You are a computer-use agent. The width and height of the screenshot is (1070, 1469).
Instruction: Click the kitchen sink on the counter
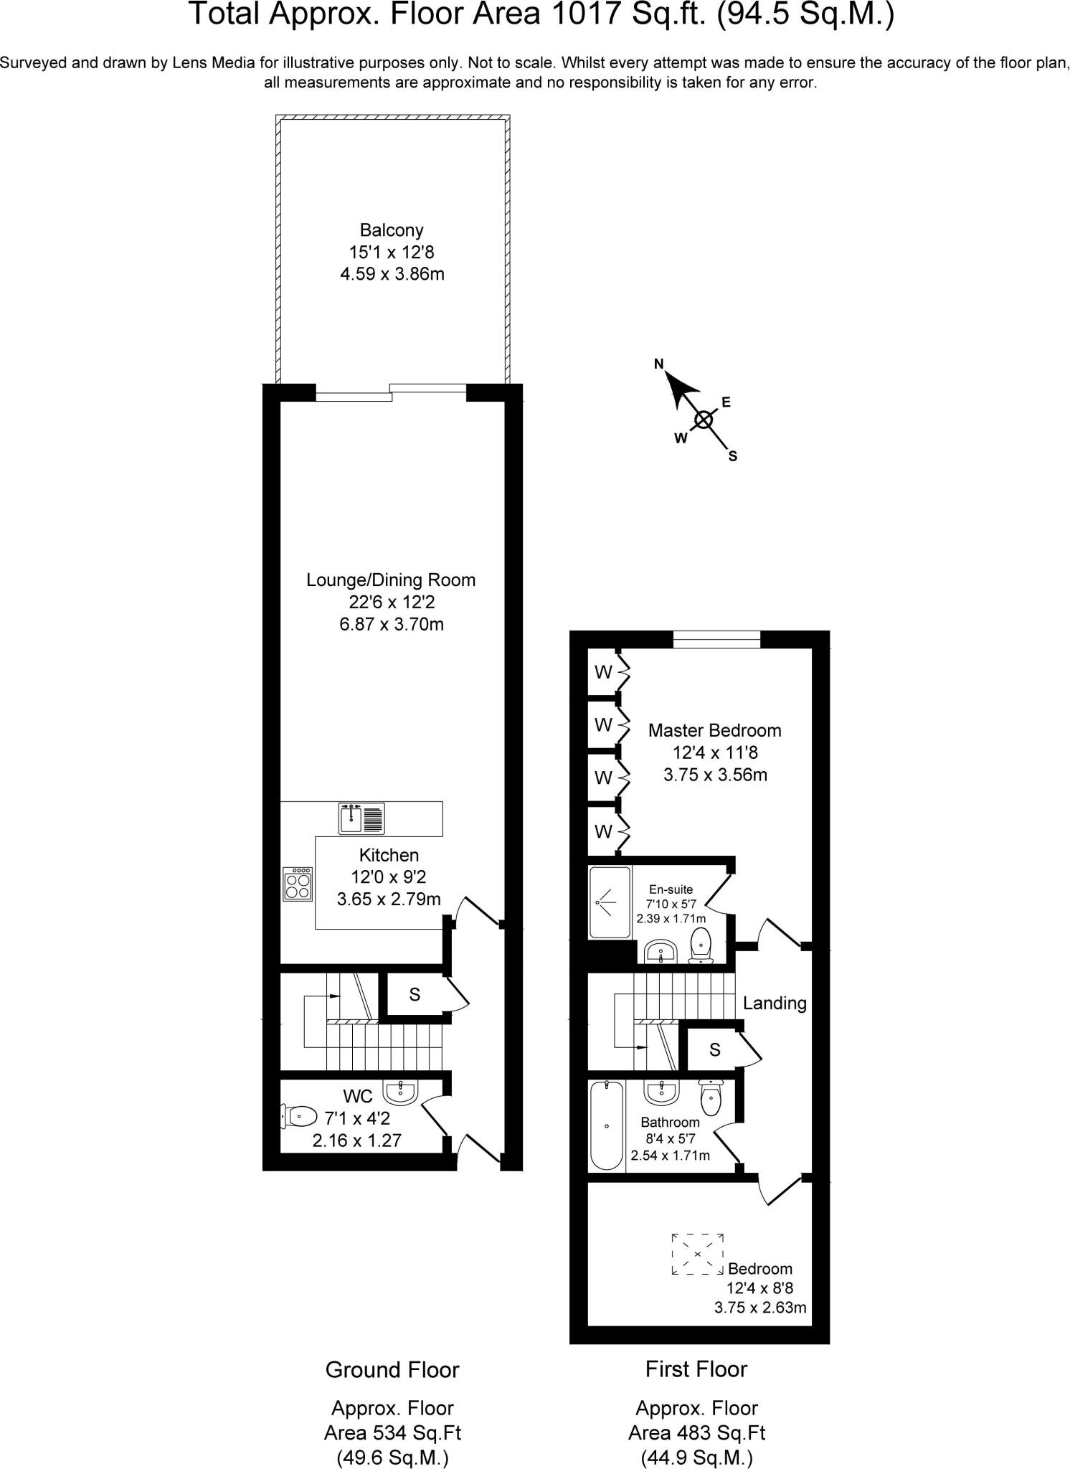tap(361, 818)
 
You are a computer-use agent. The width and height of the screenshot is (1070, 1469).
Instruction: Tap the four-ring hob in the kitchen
tap(298, 884)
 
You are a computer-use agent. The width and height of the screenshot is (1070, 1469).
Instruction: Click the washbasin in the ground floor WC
tap(400, 1092)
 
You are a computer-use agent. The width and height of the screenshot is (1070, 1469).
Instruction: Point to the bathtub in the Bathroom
tap(607, 1125)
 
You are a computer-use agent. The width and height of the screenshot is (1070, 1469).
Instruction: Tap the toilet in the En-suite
tap(700, 944)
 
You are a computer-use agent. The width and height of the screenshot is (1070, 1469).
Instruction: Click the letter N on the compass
tap(658, 364)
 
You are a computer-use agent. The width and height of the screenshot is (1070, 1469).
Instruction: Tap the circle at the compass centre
tap(704, 420)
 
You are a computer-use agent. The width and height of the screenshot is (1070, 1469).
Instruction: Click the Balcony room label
tap(392, 230)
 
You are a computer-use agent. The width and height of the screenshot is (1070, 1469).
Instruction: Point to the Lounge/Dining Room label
tap(391, 580)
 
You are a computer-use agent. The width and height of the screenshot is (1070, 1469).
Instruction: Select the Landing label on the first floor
tap(775, 1003)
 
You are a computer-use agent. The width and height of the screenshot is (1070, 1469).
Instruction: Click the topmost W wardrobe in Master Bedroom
tap(603, 672)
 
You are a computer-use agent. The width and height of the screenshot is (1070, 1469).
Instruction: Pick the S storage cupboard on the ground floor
tap(414, 995)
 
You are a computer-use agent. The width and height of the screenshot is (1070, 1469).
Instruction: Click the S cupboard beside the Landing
tap(714, 1050)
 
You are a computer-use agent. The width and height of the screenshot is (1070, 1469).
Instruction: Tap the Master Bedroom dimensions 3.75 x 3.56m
tap(715, 775)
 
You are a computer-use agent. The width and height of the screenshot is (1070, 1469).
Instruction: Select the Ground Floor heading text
tap(392, 1369)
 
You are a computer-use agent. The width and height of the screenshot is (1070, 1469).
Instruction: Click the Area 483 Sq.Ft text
tap(696, 1433)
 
